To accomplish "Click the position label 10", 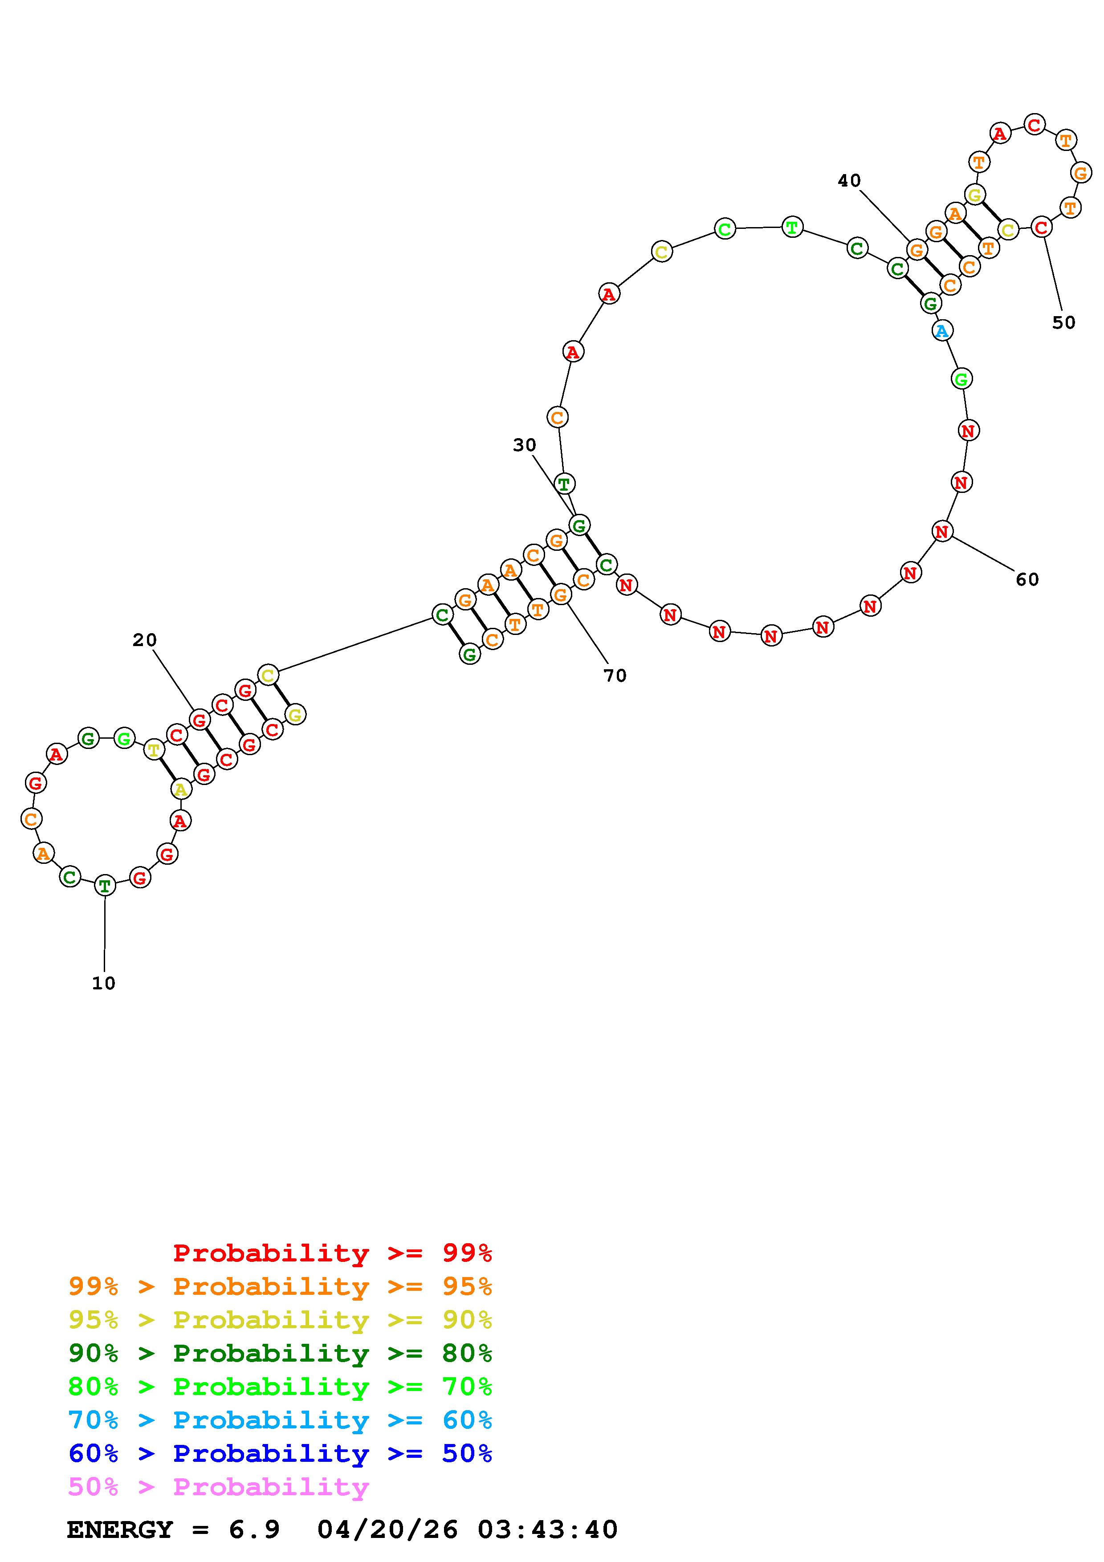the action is click(104, 983).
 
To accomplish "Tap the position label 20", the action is click(144, 640).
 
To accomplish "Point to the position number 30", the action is click(525, 445).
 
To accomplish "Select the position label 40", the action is click(849, 180).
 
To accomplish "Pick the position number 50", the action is click(1064, 322).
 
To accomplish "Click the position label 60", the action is click(1027, 580).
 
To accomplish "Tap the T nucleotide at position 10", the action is click(105, 886).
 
